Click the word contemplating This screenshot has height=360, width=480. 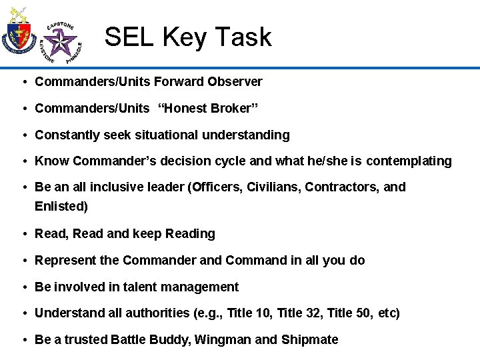pyautogui.click(x=409, y=161)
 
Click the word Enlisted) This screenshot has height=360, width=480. pyautogui.click(x=61, y=207)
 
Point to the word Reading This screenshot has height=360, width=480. pyautogui.click(x=190, y=234)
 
